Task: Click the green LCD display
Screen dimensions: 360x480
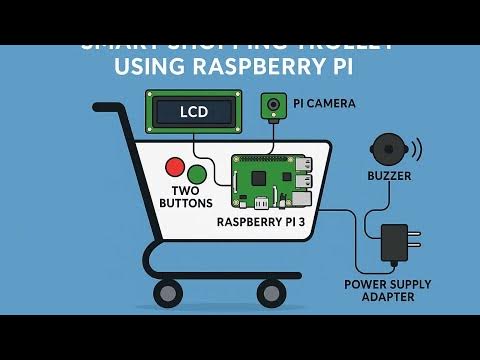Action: (x=194, y=112)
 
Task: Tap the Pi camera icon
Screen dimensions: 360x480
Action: (x=272, y=105)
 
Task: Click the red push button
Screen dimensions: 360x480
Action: (x=176, y=167)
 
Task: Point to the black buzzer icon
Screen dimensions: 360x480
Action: (x=390, y=151)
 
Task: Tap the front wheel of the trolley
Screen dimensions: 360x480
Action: (x=270, y=293)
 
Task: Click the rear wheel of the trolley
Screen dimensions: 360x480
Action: (x=165, y=293)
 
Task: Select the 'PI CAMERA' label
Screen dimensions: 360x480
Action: (x=324, y=103)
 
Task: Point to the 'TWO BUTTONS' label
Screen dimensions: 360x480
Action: (x=186, y=196)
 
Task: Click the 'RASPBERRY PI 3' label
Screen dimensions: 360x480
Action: (x=268, y=223)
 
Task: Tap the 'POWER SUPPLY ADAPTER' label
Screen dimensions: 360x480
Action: (x=388, y=290)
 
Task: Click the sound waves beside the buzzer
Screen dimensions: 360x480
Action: (x=416, y=150)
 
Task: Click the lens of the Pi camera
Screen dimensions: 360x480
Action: (x=272, y=104)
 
